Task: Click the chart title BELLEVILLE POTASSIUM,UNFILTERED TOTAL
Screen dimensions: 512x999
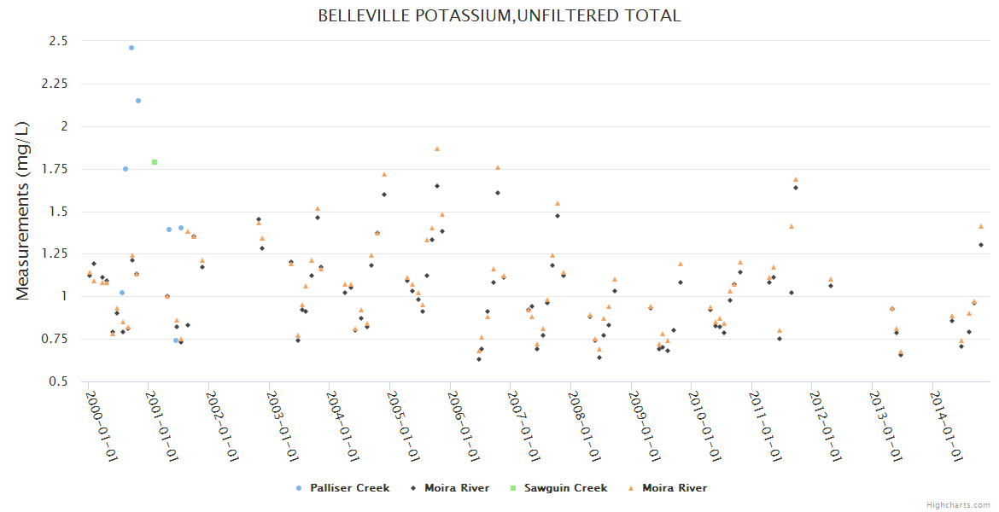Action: pos(499,16)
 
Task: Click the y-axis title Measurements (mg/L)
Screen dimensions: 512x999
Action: pos(23,211)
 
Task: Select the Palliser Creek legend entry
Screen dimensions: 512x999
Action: pos(349,488)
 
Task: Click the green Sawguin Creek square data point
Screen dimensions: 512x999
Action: pos(155,162)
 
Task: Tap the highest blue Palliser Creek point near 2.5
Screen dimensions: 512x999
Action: pos(131,48)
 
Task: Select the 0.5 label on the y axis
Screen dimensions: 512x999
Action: pos(58,381)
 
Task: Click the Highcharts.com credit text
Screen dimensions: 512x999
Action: pos(958,505)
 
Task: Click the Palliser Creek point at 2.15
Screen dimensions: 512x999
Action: pos(138,101)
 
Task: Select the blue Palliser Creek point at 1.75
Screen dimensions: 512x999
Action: pos(126,169)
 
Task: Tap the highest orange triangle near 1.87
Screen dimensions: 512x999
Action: pos(437,148)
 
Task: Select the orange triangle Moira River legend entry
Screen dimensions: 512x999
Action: pos(674,488)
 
